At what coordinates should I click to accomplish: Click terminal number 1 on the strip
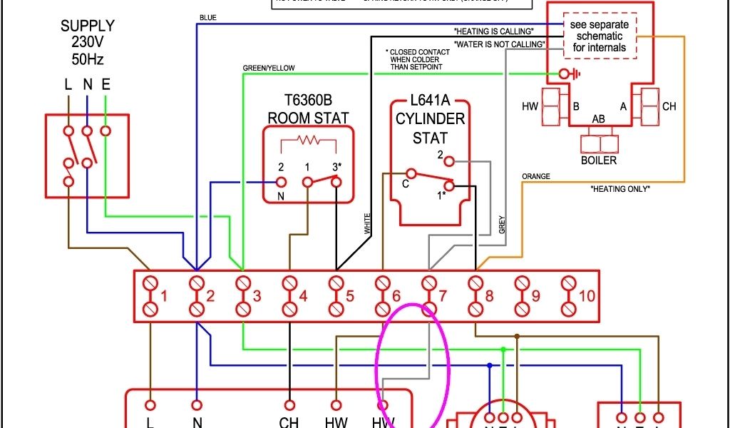tap(163, 296)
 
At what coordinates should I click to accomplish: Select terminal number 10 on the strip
tap(586, 296)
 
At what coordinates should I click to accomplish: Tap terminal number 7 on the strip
tap(442, 296)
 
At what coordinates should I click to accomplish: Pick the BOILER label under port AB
tap(599, 160)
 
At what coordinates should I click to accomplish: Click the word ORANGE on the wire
tap(536, 175)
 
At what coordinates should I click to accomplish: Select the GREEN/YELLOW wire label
tap(269, 68)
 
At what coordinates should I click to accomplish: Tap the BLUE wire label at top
tap(207, 16)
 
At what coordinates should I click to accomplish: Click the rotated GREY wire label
tap(502, 225)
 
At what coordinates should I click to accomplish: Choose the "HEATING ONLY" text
tap(620, 189)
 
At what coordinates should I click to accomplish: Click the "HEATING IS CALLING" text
tap(493, 31)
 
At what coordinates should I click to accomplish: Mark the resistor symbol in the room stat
tap(309, 140)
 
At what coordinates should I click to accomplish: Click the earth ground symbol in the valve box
tap(568, 73)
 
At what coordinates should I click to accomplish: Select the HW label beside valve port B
tap(530, 107)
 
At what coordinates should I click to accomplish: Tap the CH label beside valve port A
tap(669, 107)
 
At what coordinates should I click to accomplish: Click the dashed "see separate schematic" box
tap(599, 36)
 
